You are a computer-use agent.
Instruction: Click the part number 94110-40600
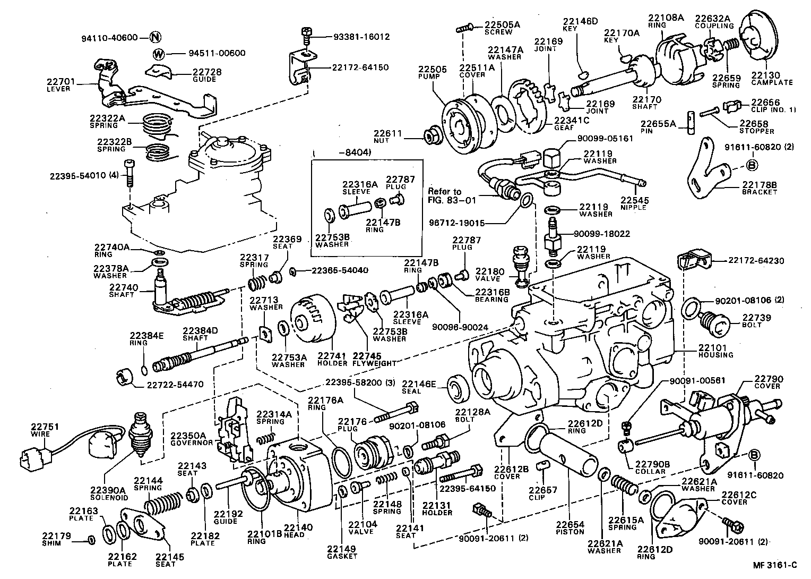pos(109,38)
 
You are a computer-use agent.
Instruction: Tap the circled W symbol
pos(159,54)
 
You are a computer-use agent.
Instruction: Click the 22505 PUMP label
pos(432,73)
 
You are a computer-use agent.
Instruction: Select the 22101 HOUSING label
pos(715,351)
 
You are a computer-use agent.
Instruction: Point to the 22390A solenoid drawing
pos(141,433)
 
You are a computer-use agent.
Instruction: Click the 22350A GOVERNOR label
pos(192,439)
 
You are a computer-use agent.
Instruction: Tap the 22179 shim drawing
pos(91,540)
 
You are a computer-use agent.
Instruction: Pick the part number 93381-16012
pos(361,37)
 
